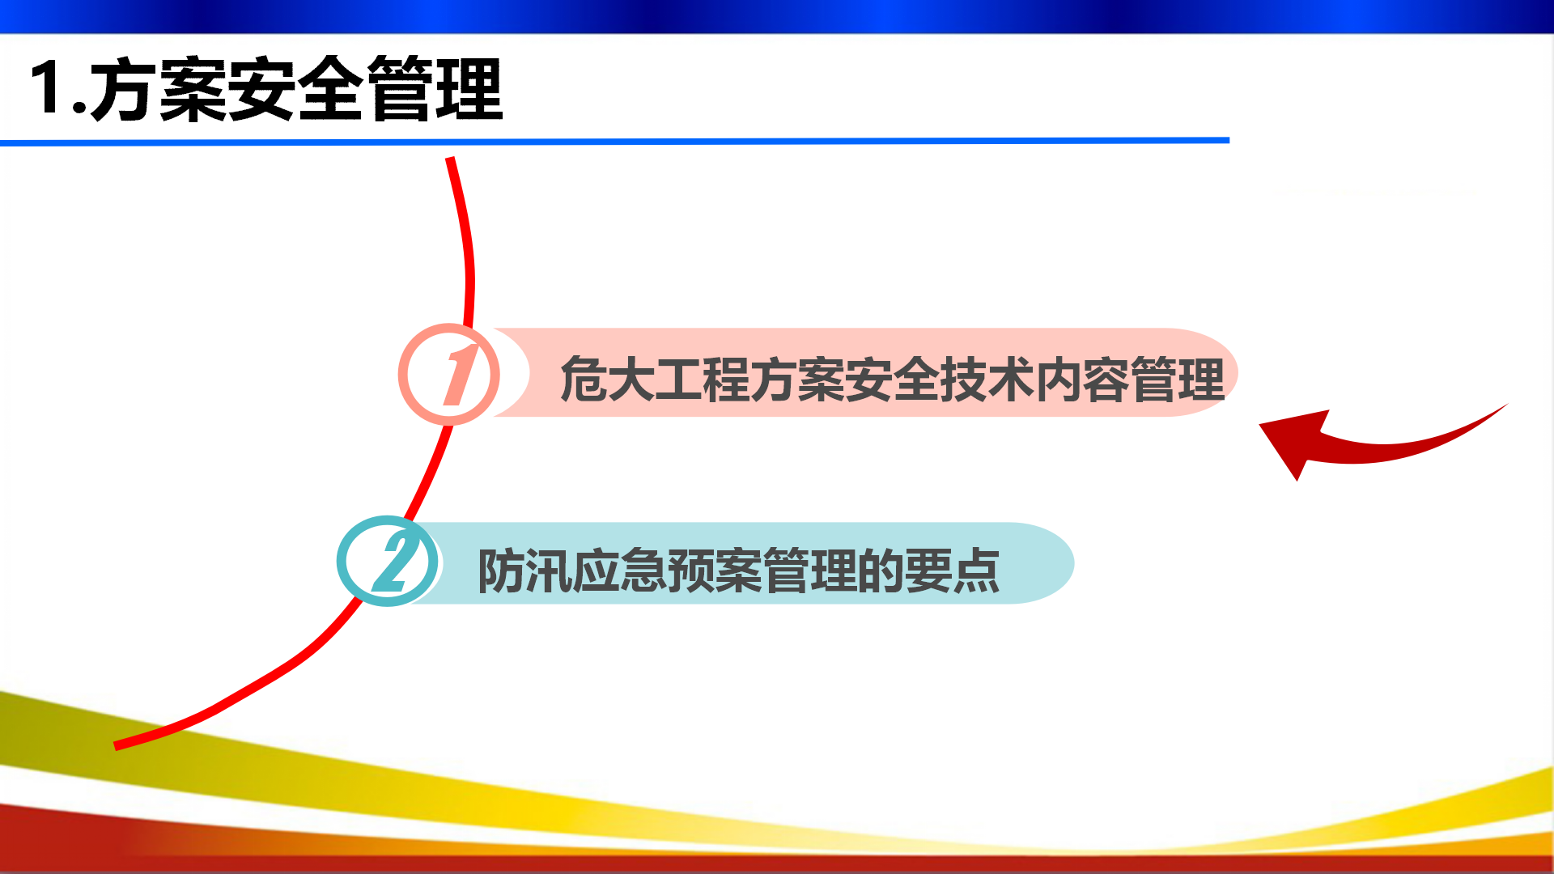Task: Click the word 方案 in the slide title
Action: click(x=159, y=89)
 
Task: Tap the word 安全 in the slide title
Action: click(x=297, y=89)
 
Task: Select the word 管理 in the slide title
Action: click(x=435, y=89)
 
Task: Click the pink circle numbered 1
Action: click(x=449, y=375)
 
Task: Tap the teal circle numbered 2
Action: click(x=388, y=561)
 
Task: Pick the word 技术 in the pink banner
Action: click(x=987, y=380)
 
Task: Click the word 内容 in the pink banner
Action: click(x=1082, y=380)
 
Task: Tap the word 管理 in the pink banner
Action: click(x=1178, y=380)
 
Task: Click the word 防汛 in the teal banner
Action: click(x=524, y=571)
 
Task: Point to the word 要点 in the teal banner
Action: click(x=953, y=571)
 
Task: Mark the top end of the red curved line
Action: click(x=450, y=159)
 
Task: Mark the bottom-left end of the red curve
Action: click(x=116, y=745)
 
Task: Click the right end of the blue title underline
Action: click(x=1229, y=140)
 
